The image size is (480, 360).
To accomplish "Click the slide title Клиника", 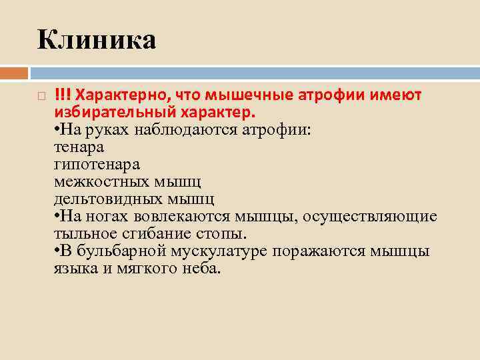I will tap(97, 39).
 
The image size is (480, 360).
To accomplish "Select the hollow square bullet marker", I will tap(41, 97).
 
